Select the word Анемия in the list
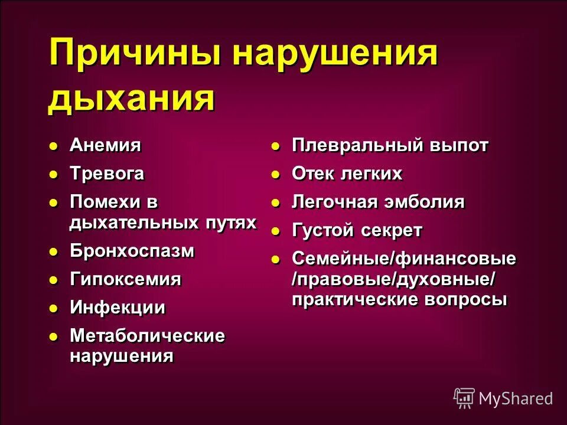(105, 145)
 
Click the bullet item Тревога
(107, 174)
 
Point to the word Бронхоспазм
(132, 251)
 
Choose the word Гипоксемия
(125, 279)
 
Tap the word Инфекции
(118, 308)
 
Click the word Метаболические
(148, 336)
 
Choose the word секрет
(393, 231)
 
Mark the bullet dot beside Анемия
(53, 146)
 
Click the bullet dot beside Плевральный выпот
(275, 146)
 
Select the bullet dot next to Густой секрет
(275, 231)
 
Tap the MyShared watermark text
(516, 398)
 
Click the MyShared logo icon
(464, 398)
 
